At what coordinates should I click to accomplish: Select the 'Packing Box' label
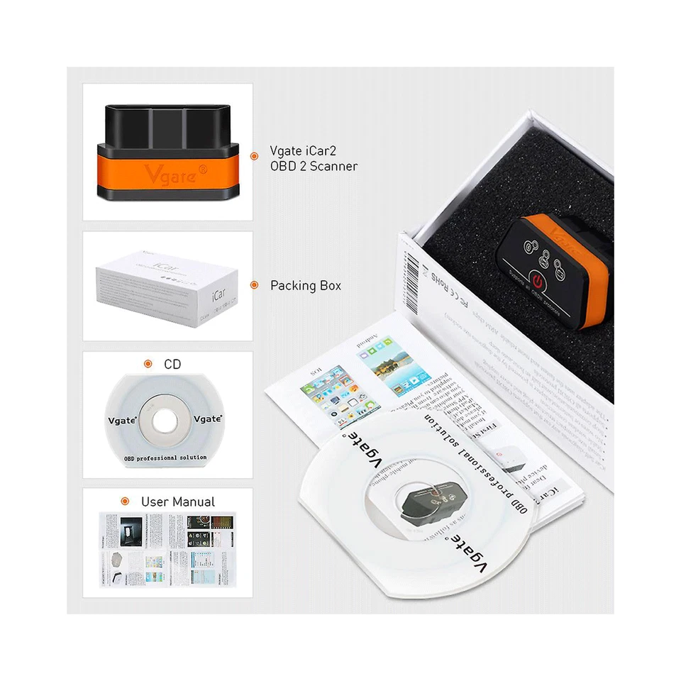click(x=305, y=286)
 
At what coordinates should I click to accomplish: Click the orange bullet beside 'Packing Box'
click(x=254, y=285)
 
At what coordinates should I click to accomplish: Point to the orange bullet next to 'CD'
click(x=148, y=364)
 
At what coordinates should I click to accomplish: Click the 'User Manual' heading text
click(x=177, y=502)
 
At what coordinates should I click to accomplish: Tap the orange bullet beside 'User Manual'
click(x=125, y=501)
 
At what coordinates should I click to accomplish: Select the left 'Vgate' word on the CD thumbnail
click(x=122, y=419)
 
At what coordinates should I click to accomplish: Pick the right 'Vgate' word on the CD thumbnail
click(x=208, y=419)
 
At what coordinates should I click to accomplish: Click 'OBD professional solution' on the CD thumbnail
click(x=165, y=458)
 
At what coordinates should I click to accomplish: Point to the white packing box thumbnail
click(x=166, y=287)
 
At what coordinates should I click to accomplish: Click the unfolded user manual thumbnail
click(x=166, y=547)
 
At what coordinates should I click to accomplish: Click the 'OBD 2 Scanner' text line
click(x=313, y=167)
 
